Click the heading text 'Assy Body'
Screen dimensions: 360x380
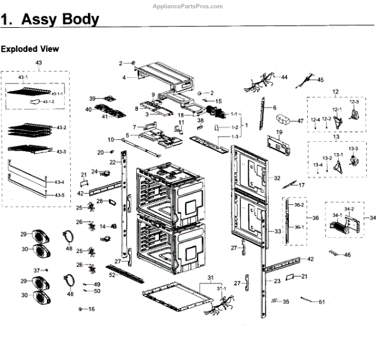click(x=60, y=19)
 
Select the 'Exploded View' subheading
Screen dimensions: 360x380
click(x=30, y=48)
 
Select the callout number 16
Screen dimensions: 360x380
click(x=92, y=309)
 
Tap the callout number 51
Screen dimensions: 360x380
click(x=322, y=302)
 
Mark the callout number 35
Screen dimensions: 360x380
click(x=286, y=302)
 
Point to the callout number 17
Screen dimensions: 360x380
click(x=302, y=185)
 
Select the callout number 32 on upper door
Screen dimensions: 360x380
click(x=277, y=179)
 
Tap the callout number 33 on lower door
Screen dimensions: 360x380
click(x=277, y=232)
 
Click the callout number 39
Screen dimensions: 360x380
click(x=92, y=99)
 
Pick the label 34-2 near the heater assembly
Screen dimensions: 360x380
click(x=349, y=209)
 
